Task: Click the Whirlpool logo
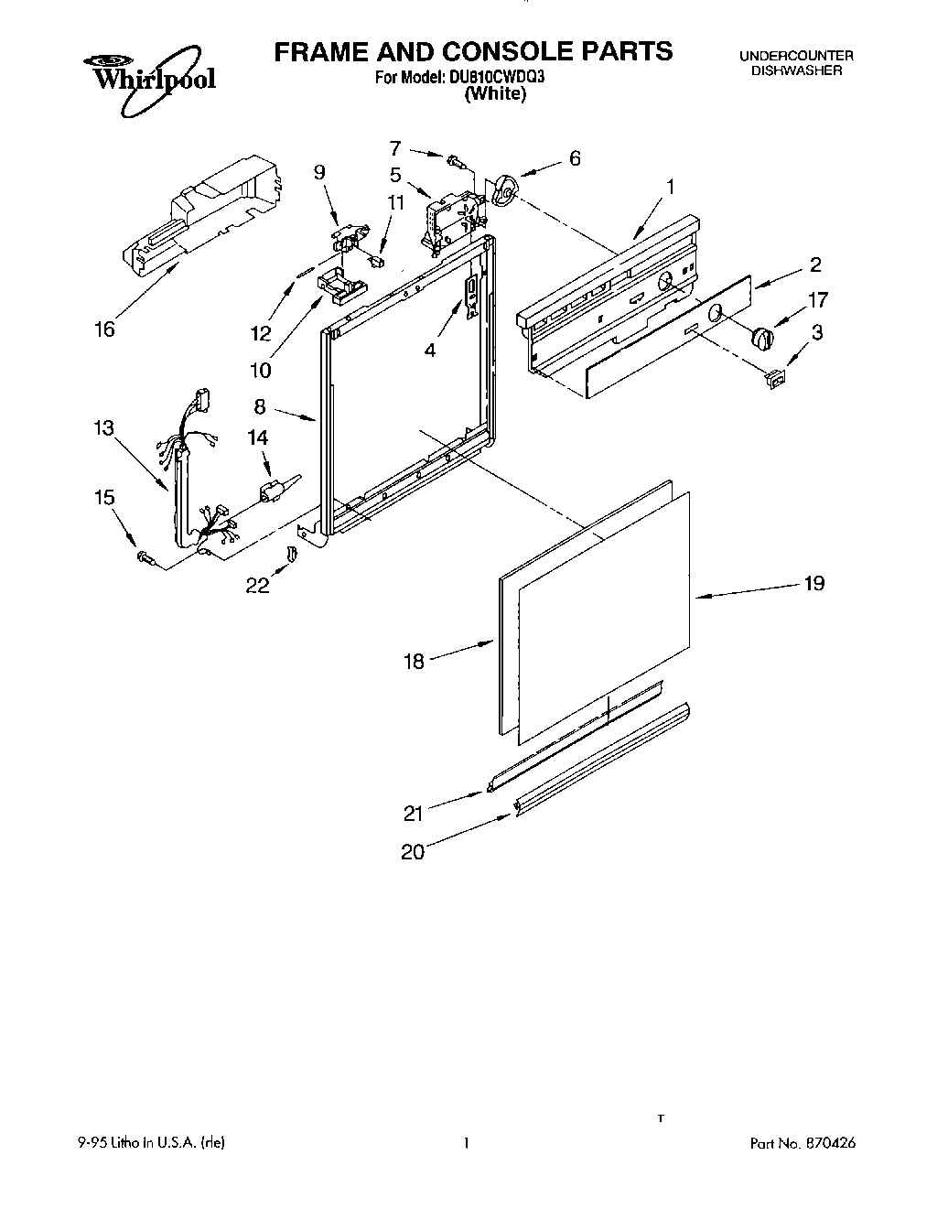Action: click(x=148, y=75)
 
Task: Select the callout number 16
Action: click(x=105, y=329)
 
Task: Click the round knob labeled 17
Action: click(x=762, y=338)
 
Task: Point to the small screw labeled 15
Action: click(x=144, y=556)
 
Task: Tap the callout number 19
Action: click(x=813, y=582)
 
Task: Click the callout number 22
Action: click(x=257, y=585)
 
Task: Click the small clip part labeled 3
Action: click(x=775, y=377)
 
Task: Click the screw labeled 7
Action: click(x=455, y=162)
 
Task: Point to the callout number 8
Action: click(x=260, y=407)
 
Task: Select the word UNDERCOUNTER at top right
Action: click(x=796, y=56)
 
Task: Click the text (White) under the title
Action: click(x=495, y=94)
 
